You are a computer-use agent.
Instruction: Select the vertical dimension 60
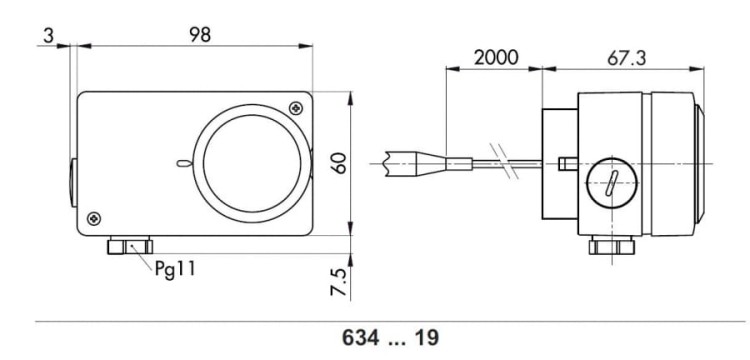point(340,162)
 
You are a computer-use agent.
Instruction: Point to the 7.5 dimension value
point(340,282)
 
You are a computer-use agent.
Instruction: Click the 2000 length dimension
point(495,57)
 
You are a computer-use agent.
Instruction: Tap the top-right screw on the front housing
point(295,107)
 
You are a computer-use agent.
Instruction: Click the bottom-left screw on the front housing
point(93,217)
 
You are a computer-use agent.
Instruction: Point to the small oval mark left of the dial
point(181,164)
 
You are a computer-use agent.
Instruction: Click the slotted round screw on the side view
point(610,183)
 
